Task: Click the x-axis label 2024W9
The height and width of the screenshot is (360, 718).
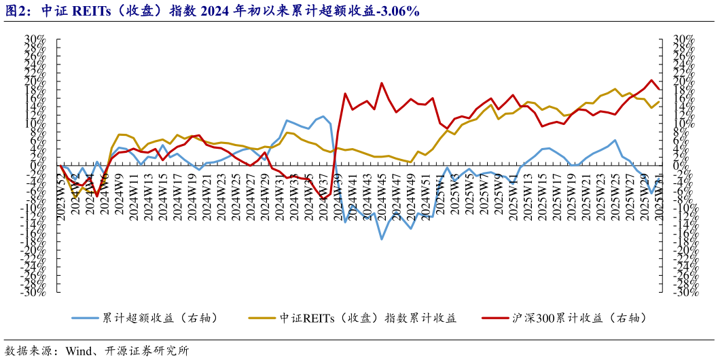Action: (x=119, y=192)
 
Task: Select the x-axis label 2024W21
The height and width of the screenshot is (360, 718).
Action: (x=207, y=192)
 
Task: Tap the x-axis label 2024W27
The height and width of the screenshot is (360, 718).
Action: (x=251, y=192)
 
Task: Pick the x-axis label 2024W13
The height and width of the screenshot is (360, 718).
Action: (x=148, y=192)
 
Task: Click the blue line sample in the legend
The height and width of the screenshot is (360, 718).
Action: (x=84, y=318)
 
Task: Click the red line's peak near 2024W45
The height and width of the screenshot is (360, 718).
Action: (x=382, y=84)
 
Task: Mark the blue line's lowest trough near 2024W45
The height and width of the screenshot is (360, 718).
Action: (x=382, y=239)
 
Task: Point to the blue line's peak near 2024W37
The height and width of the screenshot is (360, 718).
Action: (x=323, y=116)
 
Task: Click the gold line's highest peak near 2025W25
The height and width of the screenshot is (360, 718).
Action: (x=615, y=89)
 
